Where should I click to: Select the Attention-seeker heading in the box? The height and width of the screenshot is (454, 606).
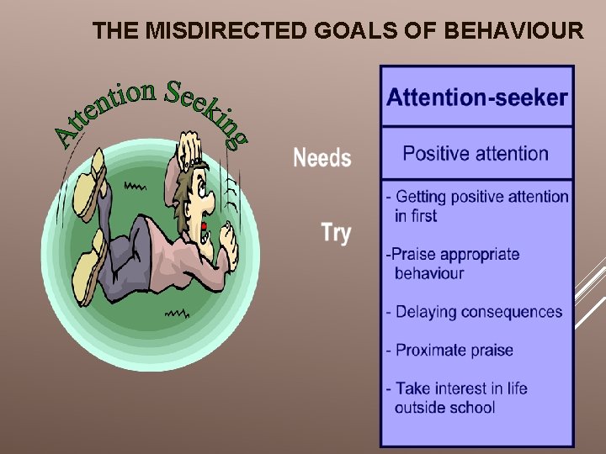click(x=476, y=98)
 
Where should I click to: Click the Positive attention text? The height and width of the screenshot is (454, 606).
click(x=476, y=154)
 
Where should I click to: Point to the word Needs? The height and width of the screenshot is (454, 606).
click(x=322, y=158)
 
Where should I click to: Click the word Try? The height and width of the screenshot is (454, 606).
click(x=336, y=232)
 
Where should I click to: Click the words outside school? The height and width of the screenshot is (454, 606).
click(x=444, y=408)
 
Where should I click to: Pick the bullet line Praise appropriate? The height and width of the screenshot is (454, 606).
click(x=455, y=254)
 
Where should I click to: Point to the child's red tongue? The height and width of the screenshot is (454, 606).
click(x=204, y=227)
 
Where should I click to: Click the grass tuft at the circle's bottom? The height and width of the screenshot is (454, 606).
click(x=175, y=314)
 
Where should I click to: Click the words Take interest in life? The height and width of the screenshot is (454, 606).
click(x=461, y=388)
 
